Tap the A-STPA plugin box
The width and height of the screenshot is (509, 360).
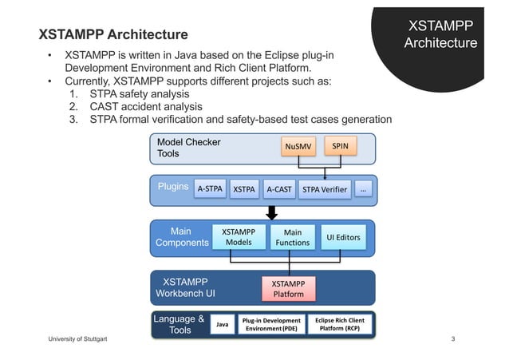(210, 189)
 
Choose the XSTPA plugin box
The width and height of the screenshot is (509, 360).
(244, 189)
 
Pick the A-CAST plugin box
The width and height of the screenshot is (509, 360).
(278, 189)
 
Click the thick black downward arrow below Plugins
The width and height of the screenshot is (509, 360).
(271, 212)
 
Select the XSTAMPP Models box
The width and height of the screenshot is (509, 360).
(239, 237)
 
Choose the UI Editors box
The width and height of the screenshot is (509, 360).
(343, 237)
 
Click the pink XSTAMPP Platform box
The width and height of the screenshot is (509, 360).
(288, 288)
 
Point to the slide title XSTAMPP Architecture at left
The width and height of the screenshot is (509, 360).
(114, 35)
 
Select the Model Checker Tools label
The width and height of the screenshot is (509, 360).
(188, 148)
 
